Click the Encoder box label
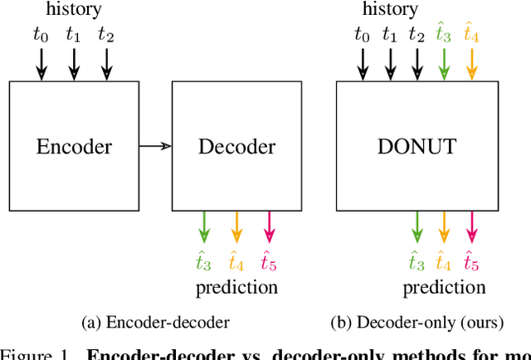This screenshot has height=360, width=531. (x=74, y=148)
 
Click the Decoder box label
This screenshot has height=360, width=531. (x=236, y=148)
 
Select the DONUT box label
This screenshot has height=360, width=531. (x=417, y=148)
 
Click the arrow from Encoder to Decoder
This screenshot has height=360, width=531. (x=153, y=147)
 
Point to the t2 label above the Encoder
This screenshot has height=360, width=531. (x=105, y=35)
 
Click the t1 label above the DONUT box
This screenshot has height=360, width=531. (x=389, y=35)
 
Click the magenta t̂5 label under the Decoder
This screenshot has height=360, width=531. (x=269, y=260)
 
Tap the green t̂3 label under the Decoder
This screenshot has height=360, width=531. (x=203, y=260)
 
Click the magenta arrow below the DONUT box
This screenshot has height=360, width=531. (x=471, y=228)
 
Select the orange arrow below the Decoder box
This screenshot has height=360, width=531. (x=236, y=228)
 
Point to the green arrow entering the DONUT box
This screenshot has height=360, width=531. (x=444, y=63)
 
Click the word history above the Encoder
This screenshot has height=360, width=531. (x=75, y=10)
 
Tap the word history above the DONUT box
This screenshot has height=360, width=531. (x=391, y=10)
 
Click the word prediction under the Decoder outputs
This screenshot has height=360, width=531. (x=236, y=288)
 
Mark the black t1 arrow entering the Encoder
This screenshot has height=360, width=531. (x=74, y=63)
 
